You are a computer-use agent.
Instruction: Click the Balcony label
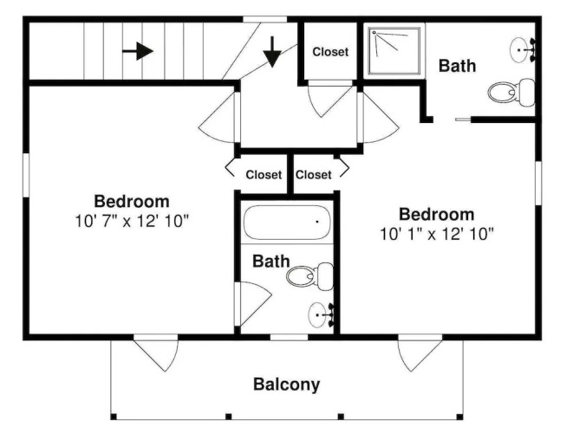(286, 385)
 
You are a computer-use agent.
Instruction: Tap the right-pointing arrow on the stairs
(138, 51)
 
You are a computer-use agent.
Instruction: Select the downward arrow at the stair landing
(272, 52)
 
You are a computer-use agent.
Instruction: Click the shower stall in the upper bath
(394, 51)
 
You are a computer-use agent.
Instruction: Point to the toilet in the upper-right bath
(511, 93)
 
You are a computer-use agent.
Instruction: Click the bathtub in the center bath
(287, 223)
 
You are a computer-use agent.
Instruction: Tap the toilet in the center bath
(309, 276)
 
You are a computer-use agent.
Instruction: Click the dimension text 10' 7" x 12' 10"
(132, 221)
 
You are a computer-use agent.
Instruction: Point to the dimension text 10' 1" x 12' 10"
(437, 234)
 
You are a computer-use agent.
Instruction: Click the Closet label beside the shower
(330, 52)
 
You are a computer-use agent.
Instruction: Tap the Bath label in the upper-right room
(457, 66)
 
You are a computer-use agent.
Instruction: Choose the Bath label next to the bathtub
(270, 262)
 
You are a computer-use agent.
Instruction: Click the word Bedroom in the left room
(132, 202)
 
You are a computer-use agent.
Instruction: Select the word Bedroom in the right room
(437, 214)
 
